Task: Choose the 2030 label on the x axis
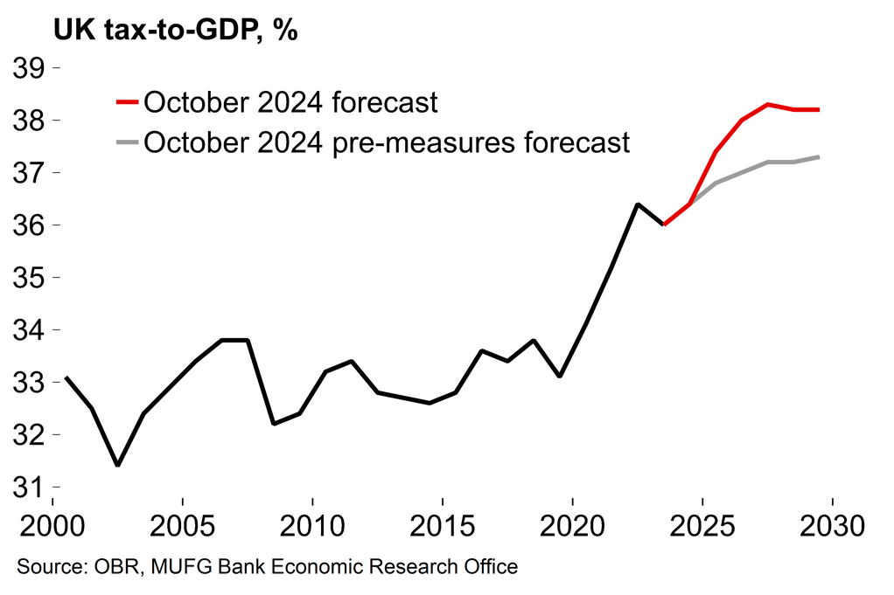pyautogui.click(x=832, y=527)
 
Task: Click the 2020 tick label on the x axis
pyautogui.click(x=572, y=527)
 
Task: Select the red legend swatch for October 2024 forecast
pyautogui.click(x=127, y=102)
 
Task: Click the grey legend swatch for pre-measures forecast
pyautogui.click(x=127, y=142)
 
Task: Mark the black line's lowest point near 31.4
pyautogui.click(x=117, y=465)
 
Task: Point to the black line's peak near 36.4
pyautogui.click(x=637, y=204)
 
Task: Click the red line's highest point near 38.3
pyautogui.click(x=767, y=105)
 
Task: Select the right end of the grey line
pyautogui.click(x=819, y=157)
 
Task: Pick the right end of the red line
pyautogui.click(x=819, y=110)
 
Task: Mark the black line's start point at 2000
pyautogui.click(x=66, y=377)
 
